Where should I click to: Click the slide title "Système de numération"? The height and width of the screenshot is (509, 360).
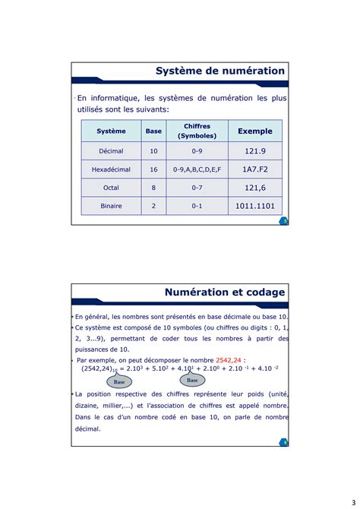[x=220, y=71]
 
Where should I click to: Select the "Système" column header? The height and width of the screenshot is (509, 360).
[x=111, y=131]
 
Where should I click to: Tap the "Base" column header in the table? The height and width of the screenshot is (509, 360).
[x=153, y=131]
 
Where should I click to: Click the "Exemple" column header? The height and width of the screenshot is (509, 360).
[x=254, y=131]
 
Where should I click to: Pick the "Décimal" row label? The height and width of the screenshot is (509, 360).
[x=111, y=151]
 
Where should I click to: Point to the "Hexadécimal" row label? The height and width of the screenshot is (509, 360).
[x=111, y=169]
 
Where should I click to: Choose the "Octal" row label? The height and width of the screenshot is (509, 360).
[x=111, y=188]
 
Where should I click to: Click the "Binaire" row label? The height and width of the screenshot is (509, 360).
[x=111, y=206]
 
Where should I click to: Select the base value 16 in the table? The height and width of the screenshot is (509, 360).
[x=153, y=169]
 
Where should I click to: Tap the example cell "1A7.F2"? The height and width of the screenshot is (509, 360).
[x=254, y=169]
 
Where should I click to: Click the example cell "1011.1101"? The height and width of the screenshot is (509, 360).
[x=254, y=206]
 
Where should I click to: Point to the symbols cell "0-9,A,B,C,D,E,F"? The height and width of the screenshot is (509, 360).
[x=197, y=169]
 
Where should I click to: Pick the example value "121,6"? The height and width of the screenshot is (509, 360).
[x=254, y=188]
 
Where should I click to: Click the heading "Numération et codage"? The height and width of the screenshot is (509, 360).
[x=225, y=292]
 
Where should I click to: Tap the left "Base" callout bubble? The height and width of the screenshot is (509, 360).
[x=119, y=382]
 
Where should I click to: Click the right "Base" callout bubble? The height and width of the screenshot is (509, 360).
[x=192, y=380]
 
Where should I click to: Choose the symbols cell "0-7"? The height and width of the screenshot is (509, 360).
[x=197, y=188]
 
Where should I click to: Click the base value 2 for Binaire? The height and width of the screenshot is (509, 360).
[x=153, y=206]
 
